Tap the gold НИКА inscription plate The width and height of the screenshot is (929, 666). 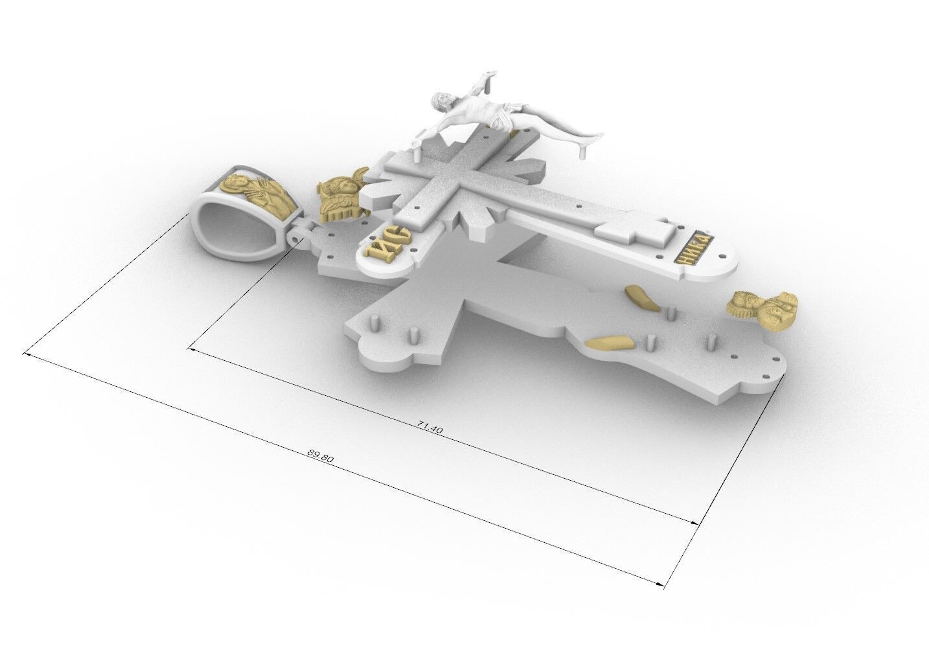tap(691, 247)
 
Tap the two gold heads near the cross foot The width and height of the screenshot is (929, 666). tap(764, 309)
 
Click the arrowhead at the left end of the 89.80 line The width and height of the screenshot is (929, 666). tap(27, 354)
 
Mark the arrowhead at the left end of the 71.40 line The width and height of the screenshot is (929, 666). tap(190, 350)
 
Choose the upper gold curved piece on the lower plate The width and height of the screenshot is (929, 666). tap(638, 297)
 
